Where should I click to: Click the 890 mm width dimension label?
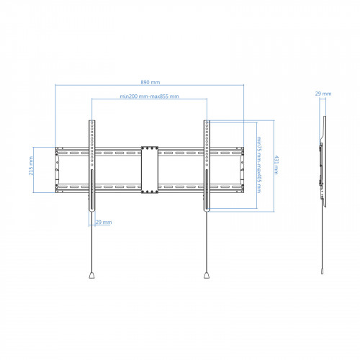[150, 82]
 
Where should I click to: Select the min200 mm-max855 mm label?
[149, 96]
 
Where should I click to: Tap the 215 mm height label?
[31, 166]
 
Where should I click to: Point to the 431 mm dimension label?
[276, 165]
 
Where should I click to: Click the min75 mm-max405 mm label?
[258, 165]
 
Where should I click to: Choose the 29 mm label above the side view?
[323, 94]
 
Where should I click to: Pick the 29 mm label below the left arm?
[104, 222]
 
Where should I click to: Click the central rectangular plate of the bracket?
[150, 170]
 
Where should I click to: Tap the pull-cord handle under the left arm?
[91, 275]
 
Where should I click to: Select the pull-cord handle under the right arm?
[207, 275]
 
